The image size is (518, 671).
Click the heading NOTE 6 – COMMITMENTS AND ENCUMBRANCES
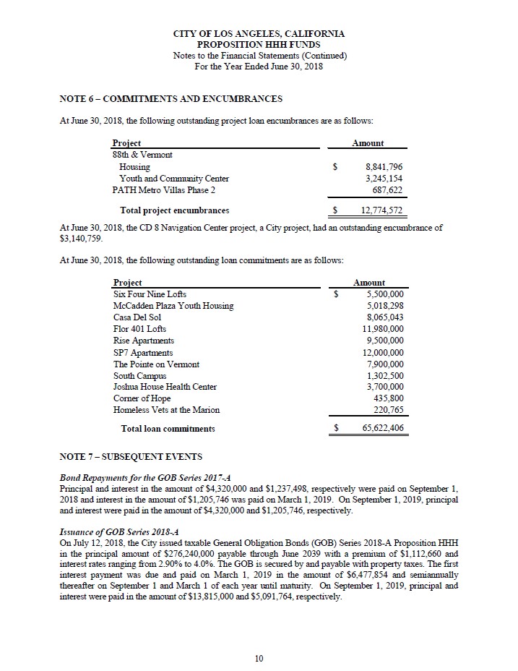tap(170, 98)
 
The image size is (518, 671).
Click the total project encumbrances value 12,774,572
tap(381, 211)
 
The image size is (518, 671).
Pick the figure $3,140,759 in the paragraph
tap(80, 238)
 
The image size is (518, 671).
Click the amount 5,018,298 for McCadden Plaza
tap(385, 306)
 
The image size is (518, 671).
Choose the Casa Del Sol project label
tap(137, 317)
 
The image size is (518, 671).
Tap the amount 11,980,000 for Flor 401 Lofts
tap(383, 329)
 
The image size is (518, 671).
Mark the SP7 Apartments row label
tap(143, 353)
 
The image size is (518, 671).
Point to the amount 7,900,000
tap(385, 364)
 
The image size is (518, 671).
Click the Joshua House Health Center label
tap(165, 388)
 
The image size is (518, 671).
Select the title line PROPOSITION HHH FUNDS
tap(259, 45)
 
